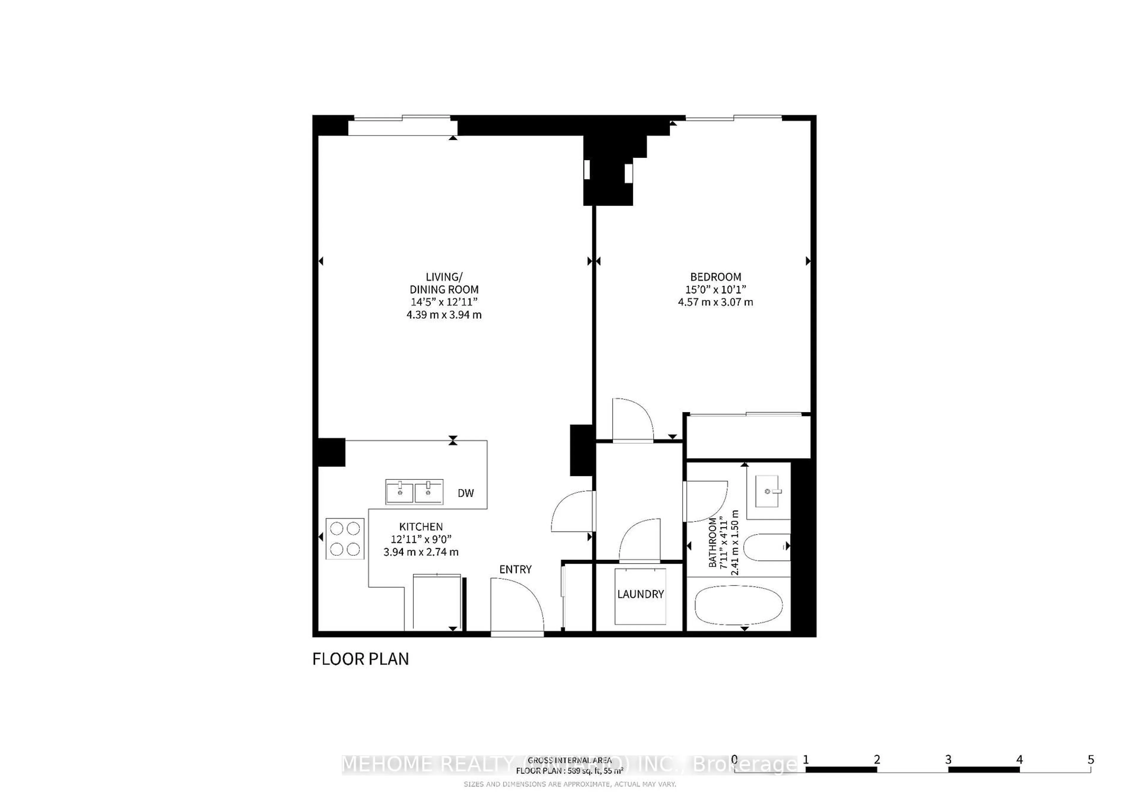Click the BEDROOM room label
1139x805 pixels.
click(x=715, y=277)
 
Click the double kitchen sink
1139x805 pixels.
click(x=414, y=492)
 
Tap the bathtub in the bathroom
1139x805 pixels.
click(x=738, y=605)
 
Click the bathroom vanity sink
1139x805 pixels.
click(x=767, y=491)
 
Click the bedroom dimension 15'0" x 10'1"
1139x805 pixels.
click(x=715, y=290)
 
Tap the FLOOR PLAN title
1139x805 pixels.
click(x=361, y=659)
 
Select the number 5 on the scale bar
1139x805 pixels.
click(x=1090, y=759)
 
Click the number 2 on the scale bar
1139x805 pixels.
click(x=876, y=759)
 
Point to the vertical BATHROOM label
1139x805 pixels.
click(x=713, y=543)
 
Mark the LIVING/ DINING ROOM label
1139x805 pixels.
click(x=444, y=283)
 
